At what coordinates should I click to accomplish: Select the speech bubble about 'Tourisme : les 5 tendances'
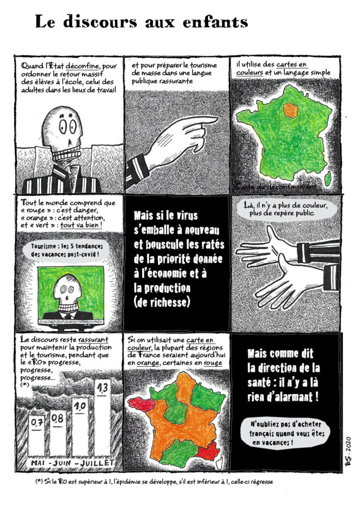pyautogui.click(x=66, y=250)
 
